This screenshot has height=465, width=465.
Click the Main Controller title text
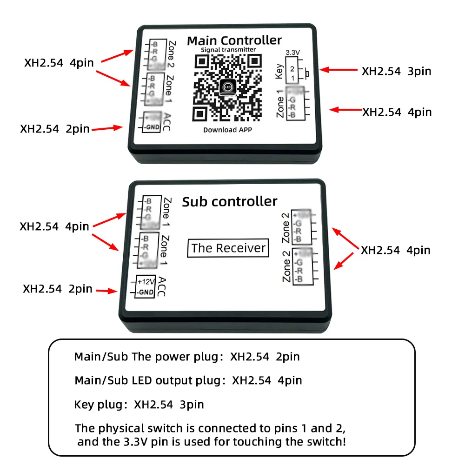(x=234, y=41)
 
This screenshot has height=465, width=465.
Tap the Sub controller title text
(x=229, y=201)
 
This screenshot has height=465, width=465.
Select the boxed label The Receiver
(x=228, y=248)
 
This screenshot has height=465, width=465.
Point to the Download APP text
(x=227, y=130)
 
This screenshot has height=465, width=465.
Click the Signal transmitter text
(x=228, y=50)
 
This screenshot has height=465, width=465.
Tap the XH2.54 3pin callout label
(x=397, y=71)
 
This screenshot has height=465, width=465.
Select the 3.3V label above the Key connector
(x=292, y=52)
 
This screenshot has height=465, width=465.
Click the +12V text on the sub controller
(x=146, y=282)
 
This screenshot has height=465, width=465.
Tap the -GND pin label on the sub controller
(x=146, y=292)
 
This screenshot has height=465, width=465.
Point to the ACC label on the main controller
(x=166, y=121)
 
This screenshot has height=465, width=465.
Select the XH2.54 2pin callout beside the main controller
(x=55, y=128)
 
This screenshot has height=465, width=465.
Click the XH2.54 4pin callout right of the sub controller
(x=396, y=250)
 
